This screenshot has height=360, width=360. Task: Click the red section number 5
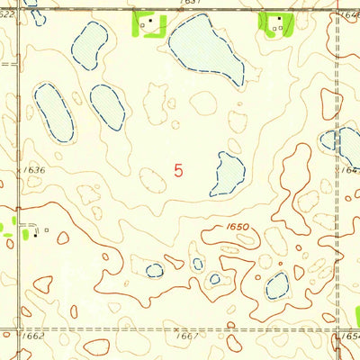tap(179, 169)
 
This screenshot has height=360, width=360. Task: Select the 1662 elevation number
tap(32, 336)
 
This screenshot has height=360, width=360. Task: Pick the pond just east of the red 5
tap(227, 173)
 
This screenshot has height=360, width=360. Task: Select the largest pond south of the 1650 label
tap(276, 285)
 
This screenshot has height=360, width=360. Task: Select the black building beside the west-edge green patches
tap(37, 232)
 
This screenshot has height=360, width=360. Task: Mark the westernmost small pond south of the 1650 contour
tap(155, 269)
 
